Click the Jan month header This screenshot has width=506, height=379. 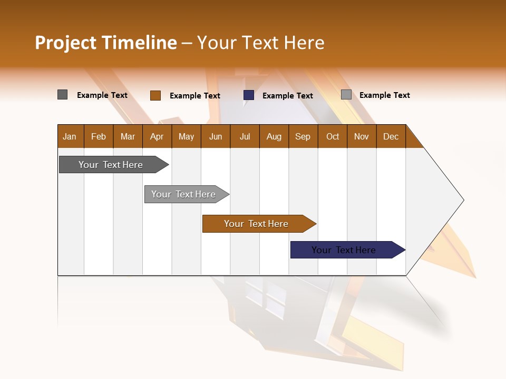[x=70, y=136]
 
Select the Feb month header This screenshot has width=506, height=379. [x=99, y=136]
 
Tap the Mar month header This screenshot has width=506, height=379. [x=128, y=136]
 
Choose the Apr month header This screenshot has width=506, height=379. [x=157, y=136]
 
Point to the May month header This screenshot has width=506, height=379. [x=186, y=136]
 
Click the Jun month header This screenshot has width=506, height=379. [x=216, y=136]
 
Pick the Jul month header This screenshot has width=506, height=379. [x=245, y=136]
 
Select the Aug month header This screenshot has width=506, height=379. [x=274, y=136]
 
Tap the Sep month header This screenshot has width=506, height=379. [x=303, y=136]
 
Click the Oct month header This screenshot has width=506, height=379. [x=333, y=136]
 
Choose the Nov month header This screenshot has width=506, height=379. [x=362, y=136]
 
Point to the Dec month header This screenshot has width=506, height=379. [x=391, y=136]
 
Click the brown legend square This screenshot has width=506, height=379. [x=155, y=95]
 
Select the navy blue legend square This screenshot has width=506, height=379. [x=249, y=95]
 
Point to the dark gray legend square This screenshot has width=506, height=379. [x=63, y=95]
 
